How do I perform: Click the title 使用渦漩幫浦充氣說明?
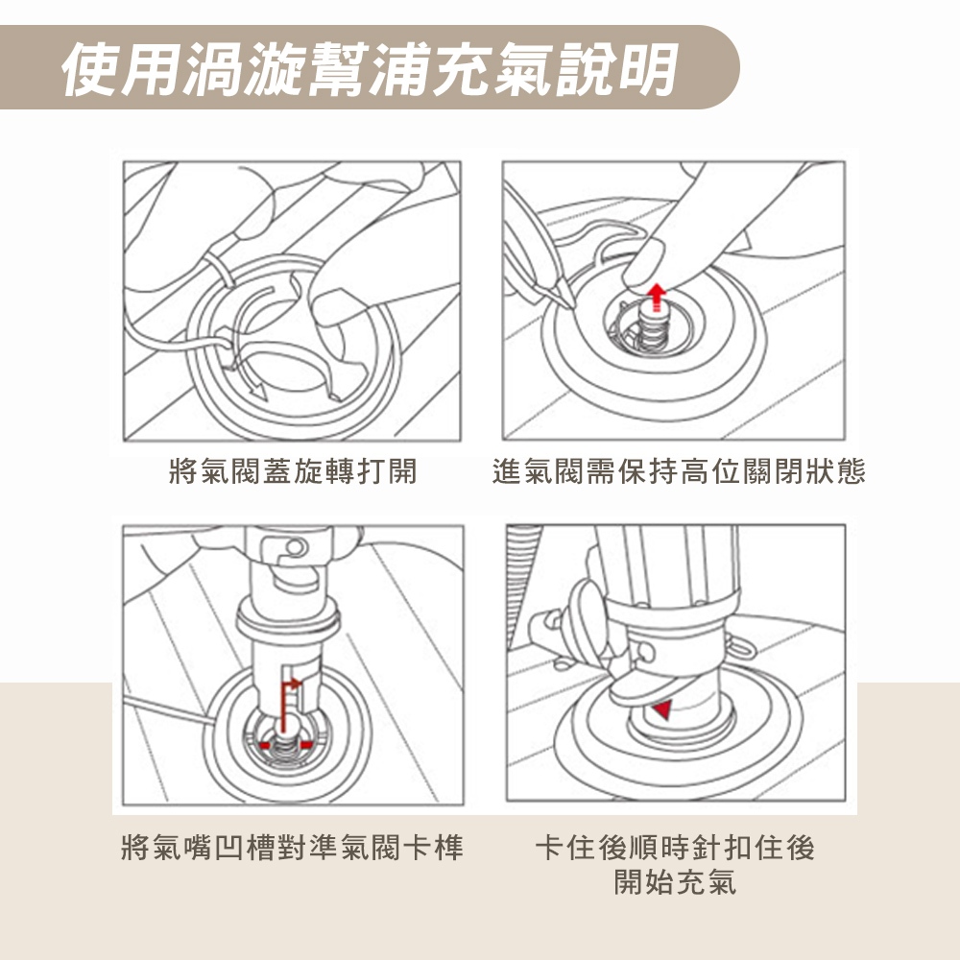tap(371, 68)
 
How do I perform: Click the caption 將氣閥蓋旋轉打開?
tap(293, 471)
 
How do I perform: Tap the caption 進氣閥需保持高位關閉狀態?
tap(679, 471)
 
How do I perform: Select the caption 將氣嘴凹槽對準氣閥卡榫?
tap(293, 848)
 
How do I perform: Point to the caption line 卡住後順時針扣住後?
tap(675, 848)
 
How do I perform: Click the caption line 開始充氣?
tap(675, 882)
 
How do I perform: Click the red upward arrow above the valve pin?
tap(657, 297)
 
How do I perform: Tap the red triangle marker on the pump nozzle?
tap(662, 709)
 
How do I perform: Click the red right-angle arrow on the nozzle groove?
tap(289, 704)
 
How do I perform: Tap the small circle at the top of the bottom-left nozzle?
tap(296, 547)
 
